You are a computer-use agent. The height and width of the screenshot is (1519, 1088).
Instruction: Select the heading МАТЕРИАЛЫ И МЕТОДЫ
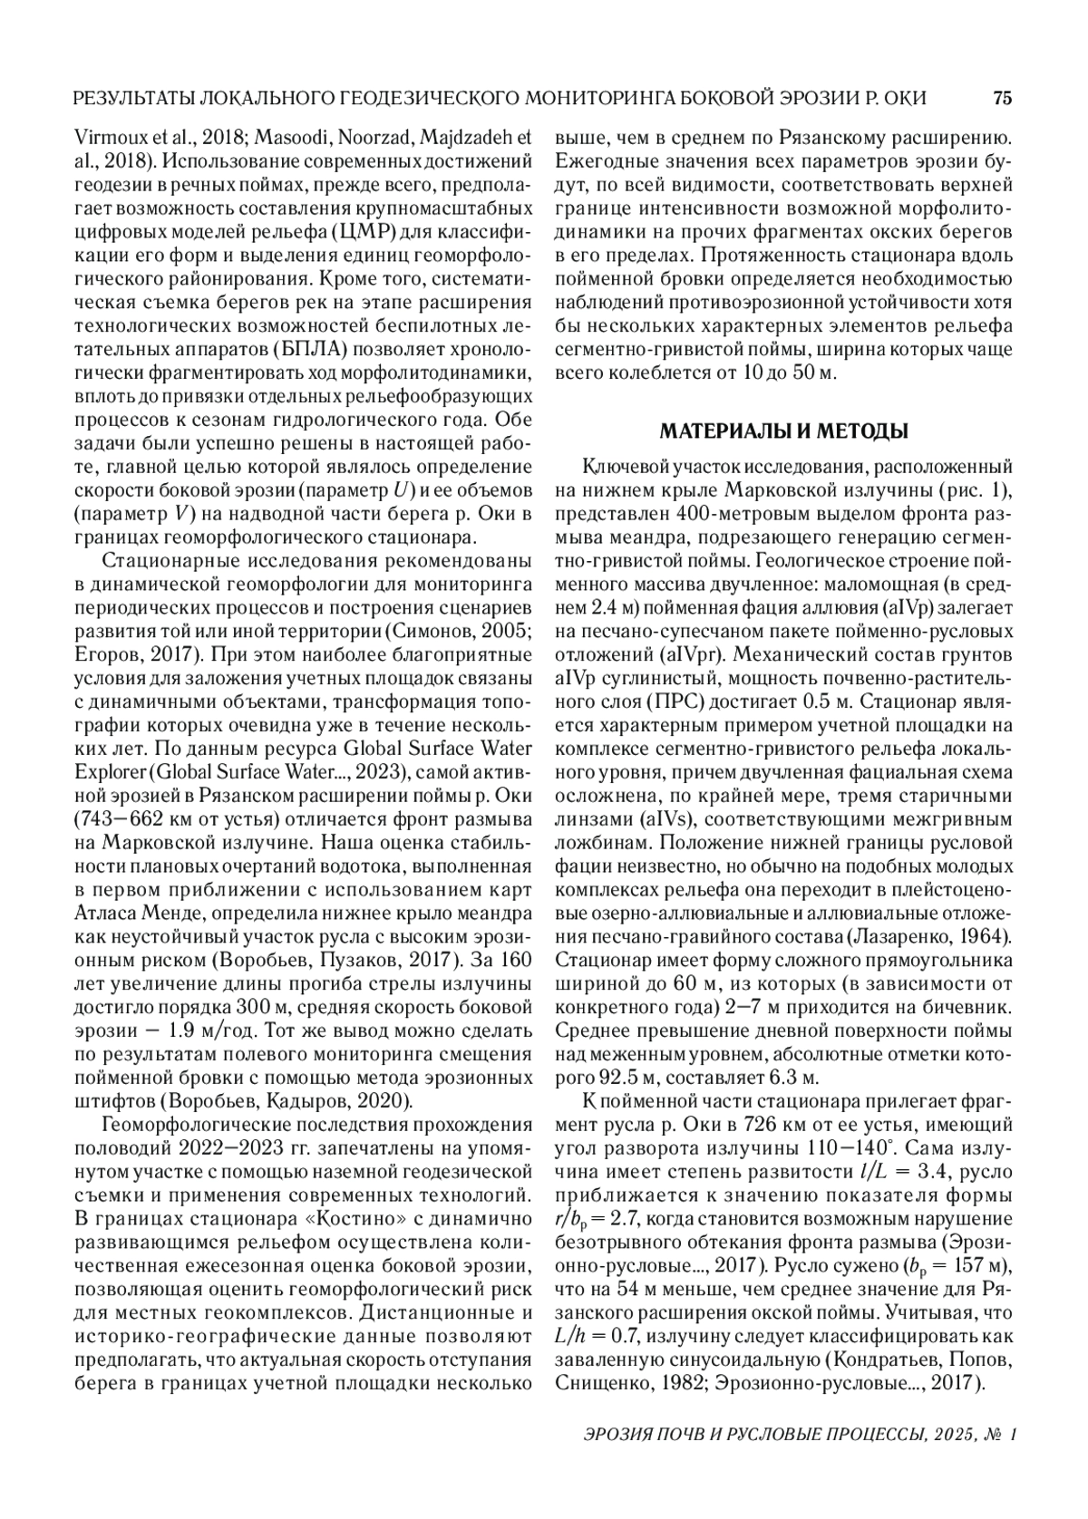point(782,431)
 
